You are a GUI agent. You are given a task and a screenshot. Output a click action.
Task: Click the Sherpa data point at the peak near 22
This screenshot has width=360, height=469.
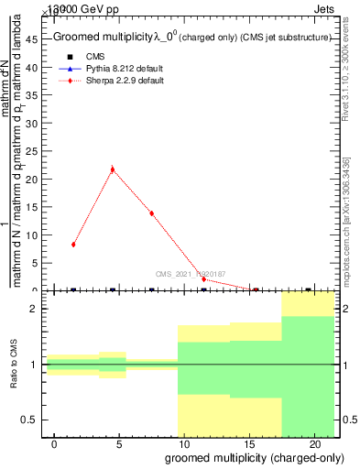[x=113, y=169]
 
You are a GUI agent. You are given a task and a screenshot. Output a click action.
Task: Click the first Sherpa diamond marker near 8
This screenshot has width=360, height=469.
[x=73, y=245]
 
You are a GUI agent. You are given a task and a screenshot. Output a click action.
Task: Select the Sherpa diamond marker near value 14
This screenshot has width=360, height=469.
[x=152, y=213]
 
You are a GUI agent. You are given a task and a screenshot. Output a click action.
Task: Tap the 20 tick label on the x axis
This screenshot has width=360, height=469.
[x=314, y=443]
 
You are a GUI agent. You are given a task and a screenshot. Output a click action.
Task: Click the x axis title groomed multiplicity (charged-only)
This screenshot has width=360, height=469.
[x=252, y=457]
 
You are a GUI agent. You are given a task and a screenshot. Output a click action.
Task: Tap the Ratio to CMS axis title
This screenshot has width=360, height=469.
[x=14, y=365]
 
